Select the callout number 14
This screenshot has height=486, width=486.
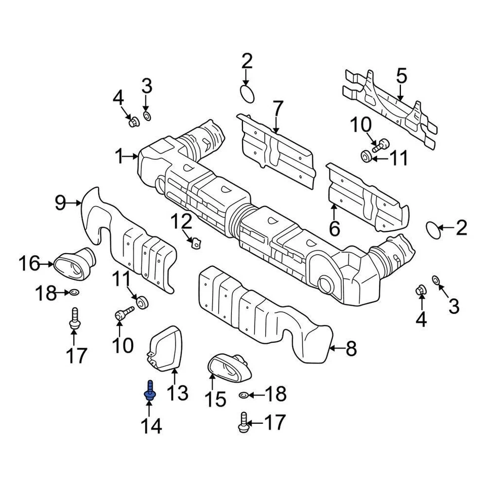click(151, 426)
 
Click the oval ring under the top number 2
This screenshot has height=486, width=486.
click(247, 93)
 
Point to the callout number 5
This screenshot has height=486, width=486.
click(401, 76)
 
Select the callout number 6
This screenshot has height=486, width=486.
click(334, 228)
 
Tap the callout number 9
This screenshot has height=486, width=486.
click(60, 203)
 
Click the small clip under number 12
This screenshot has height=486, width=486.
click(194, 244)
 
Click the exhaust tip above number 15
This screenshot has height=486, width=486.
click(228, 367)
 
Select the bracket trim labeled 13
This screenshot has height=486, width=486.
click(166, 348)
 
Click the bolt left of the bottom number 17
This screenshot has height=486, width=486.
click(244, 422)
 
